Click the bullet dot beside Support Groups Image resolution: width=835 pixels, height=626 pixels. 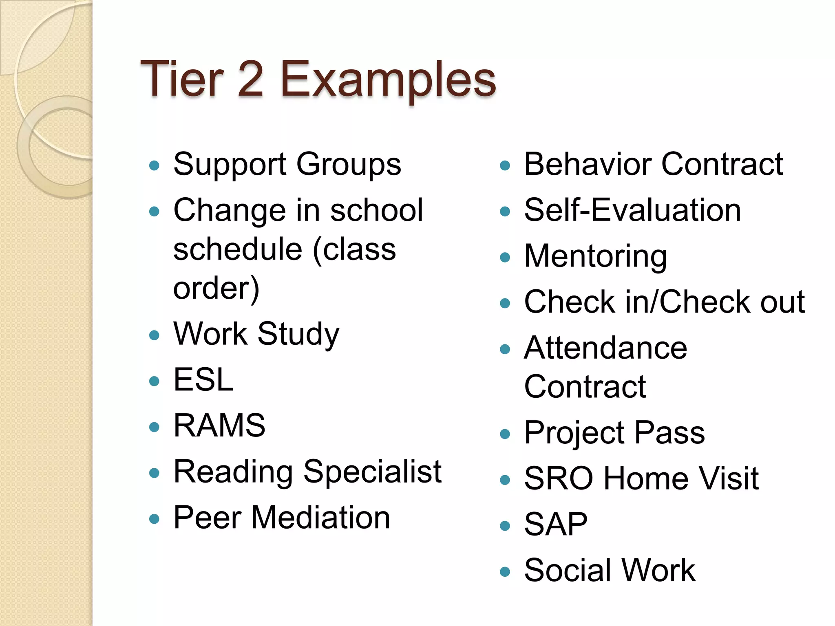pos(154,165)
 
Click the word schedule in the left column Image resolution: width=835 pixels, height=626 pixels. pos(238,249)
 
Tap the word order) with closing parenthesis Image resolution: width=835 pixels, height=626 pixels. pos(216,288)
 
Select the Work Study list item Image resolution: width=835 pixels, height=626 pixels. pos(256,334)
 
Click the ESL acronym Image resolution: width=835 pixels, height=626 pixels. pos(203,379)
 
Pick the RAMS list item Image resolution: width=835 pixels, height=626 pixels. pos(219,425)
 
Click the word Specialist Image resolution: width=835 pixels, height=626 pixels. pos(372,472)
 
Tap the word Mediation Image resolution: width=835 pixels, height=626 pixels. pos(320,518)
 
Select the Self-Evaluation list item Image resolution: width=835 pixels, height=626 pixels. pos(632,210)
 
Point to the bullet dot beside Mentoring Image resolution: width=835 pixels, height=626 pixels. pos(505,257)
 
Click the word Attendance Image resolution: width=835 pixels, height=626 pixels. pos(605,348)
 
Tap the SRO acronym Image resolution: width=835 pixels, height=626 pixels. pos(559,478)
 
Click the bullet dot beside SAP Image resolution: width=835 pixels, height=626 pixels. pos(505,526)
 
